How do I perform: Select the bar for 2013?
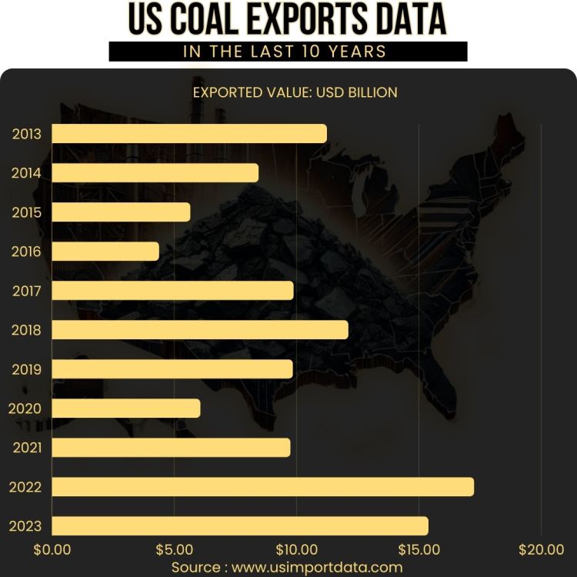pyautogui.click(x=189, y=133)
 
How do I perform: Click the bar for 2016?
pyautogui.click(x=105, y=251)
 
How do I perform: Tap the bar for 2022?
pyautogui.click(x=262, y=486)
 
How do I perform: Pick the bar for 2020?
pyautogui.click(x=126, y=408)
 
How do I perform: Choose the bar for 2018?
pyautogui.click(x=200, y=329)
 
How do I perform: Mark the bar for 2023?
pyautogui.click(x=240, y=525)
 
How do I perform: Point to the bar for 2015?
pyautogui.click(x=121, y=212)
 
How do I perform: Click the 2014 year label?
pyautogui.click(x=26, y=173)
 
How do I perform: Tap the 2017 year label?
pyautogui.click(x=26, y=291)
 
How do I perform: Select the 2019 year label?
pyautogui.click(x=26, y=369)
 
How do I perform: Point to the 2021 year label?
pyautogui.click(x=26, y=448)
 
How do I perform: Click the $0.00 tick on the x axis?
pyautogui.click(x=52, y=549)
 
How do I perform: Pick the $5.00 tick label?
pyautogui.click(x=174, y=549)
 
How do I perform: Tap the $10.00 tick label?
pyautogui.click(x=296, y=549)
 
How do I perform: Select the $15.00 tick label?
pyautogui.click(x=419, y=549)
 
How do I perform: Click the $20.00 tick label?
pyautogui.click(x=541, y=549)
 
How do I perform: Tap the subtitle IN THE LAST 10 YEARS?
pyautogui.click(x=288, y=52)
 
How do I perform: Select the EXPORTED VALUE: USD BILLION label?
pyautogui.click(x=295, y=92)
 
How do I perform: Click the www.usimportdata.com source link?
pyautogui.click(x=317, y=567)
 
